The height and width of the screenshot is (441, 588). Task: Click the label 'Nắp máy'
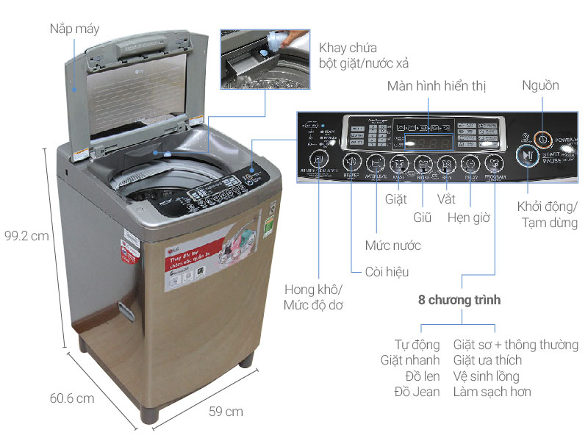point(75,30)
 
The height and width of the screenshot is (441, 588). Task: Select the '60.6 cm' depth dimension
point(72,398)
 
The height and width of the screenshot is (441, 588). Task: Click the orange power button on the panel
point(542,137)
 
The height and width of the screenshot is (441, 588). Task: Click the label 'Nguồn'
point(540,86)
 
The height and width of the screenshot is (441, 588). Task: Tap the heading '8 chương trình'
point(459,300)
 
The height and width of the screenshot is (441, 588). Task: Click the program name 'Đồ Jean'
point(417,392)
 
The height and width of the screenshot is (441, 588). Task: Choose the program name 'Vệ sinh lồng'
point(492,376)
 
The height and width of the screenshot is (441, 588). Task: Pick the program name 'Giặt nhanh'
point(410,360)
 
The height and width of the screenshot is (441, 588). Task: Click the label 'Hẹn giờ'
point(470,218)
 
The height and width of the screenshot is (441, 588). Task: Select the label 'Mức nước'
point(392,245)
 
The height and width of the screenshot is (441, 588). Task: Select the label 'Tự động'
point(417,344)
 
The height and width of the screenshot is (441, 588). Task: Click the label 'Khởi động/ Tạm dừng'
point(546,214)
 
